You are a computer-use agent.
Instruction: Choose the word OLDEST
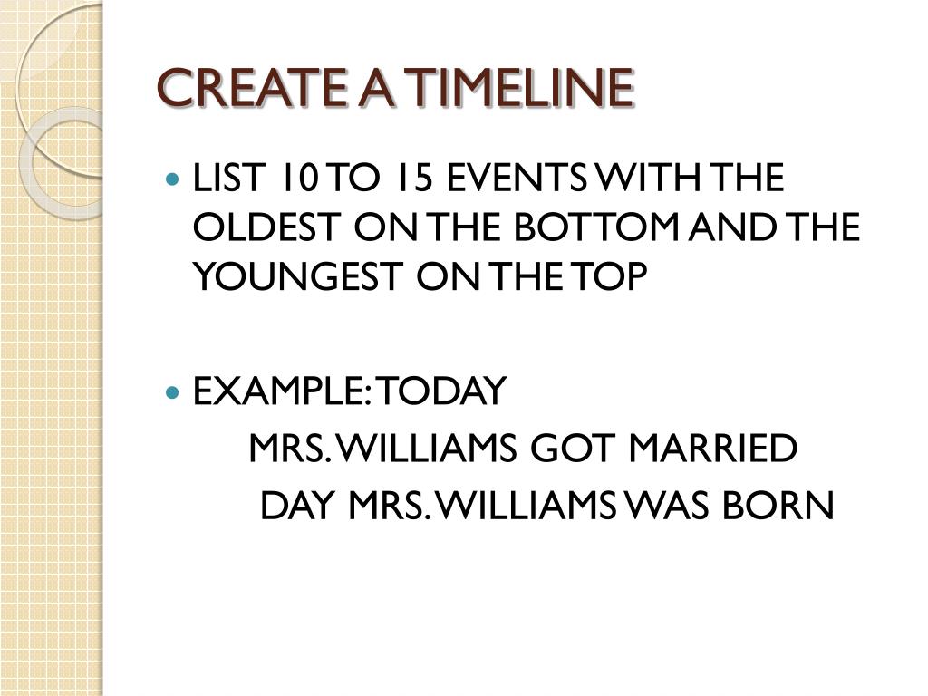coord(267,227)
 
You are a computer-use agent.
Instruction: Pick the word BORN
coord(778,505)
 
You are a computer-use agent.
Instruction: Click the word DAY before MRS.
coord(297,505)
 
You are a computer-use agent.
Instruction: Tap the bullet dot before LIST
coord(172,178)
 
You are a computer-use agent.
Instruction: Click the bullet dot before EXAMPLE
coord(172,391)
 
